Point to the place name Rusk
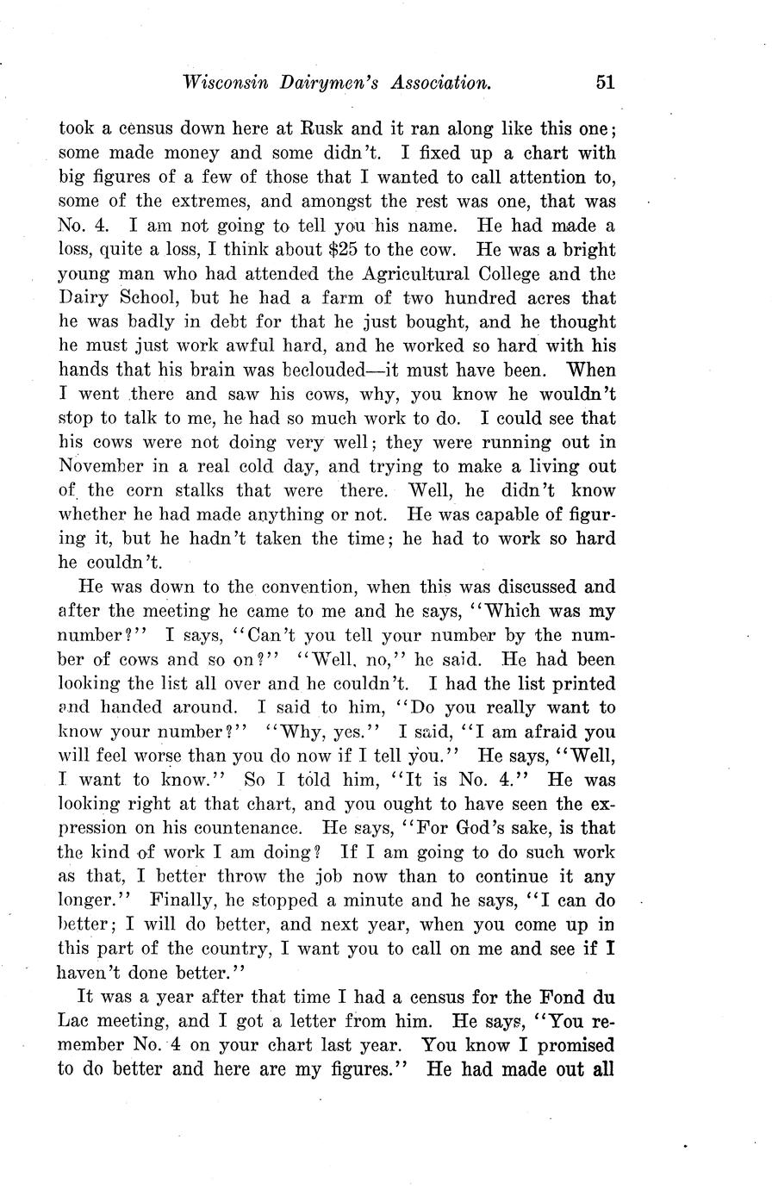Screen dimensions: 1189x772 (320, 130)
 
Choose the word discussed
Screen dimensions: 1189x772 (524, 588)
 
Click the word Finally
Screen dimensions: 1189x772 (184, 900)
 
